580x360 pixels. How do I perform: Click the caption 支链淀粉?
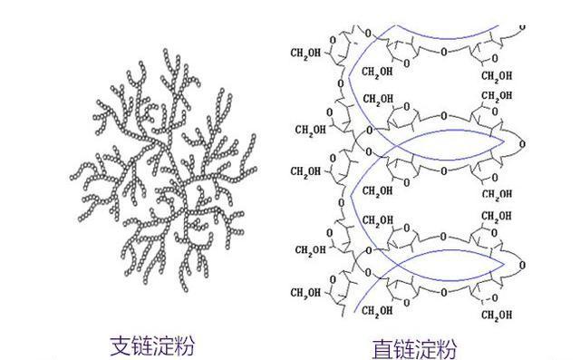[153, 345]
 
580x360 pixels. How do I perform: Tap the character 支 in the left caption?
[118, 345]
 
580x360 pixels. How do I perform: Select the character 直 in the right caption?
[380, 347]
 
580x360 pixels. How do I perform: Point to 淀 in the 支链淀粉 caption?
[164, 345]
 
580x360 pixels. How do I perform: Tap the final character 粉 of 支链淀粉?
[187, 345]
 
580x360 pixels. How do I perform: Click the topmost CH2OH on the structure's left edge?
[305, 53]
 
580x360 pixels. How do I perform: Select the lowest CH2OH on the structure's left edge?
[305, 292]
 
